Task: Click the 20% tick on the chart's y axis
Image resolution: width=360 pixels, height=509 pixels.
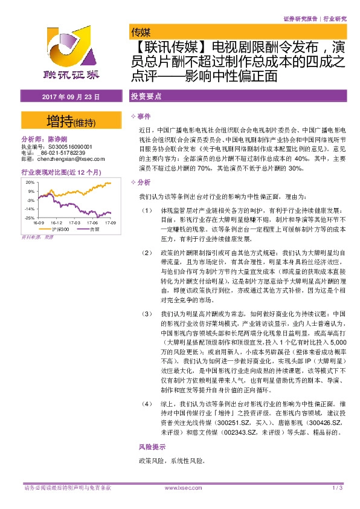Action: pos(29,182)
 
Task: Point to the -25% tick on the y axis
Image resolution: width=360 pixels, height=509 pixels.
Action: pos(28,217)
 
